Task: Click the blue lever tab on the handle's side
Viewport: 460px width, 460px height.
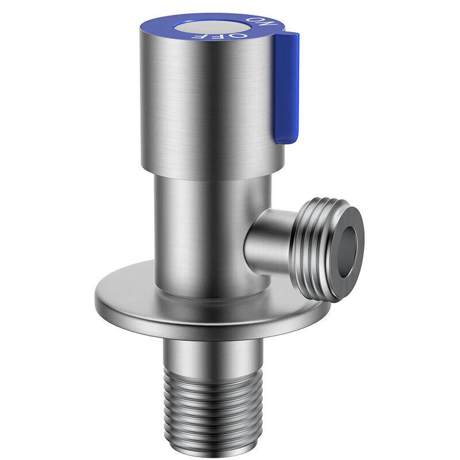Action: pyautogui.click(x=286, y=87)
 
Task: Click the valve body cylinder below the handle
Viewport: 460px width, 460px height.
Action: pyautogui.click(x=205, y=235)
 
